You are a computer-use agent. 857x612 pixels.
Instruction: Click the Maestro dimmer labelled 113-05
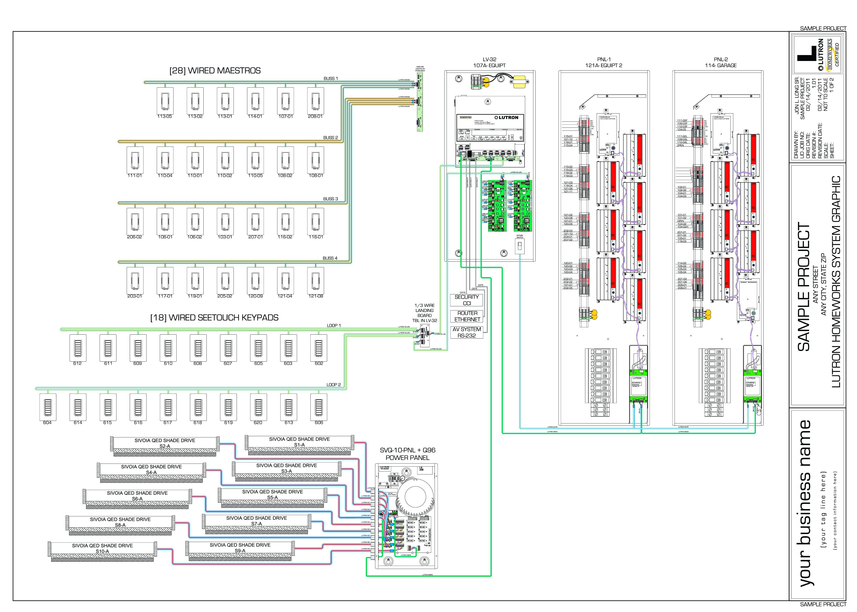(x=165, y=101)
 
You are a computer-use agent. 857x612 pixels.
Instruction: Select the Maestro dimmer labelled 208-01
(x=315, y=101)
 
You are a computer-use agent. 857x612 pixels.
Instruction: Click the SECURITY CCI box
(x=467, y=300)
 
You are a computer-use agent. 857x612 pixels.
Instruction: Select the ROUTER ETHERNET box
(x=467, y=316)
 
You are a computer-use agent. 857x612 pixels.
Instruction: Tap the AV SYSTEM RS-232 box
(x=467, y=332)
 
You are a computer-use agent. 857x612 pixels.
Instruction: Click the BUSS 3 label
(x=330, y=199)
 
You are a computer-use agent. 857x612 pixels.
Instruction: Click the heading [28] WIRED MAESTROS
(x=215, y=71)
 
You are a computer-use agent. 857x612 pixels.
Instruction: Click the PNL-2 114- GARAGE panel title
(x=721, y=62)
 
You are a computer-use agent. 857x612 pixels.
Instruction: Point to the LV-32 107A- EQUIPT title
(x=489, y=62)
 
